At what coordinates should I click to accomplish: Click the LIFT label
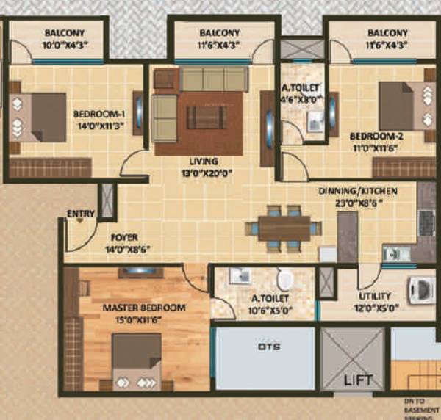coord(359,380)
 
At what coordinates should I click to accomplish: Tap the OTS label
coord(265,346)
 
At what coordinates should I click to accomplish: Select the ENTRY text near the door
coord(81,214)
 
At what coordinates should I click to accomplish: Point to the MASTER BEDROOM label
coord(144,308)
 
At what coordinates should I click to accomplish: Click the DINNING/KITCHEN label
coord(358,190)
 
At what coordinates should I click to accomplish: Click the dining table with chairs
coord(284,228)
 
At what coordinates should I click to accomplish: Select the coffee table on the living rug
coord(205,117)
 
